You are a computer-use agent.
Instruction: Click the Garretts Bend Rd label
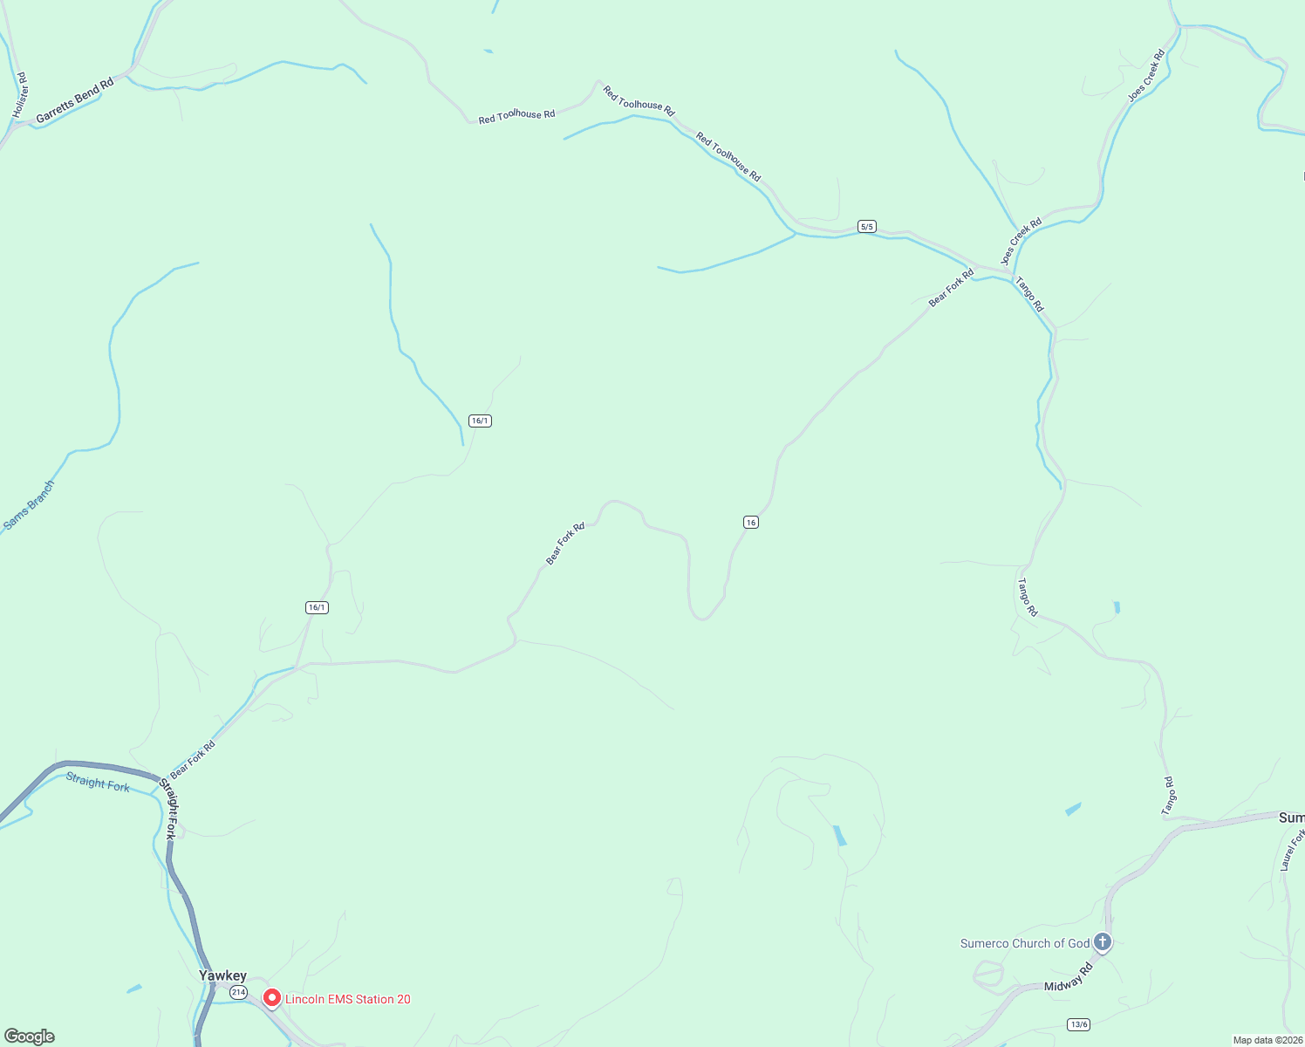click(x=75, y=101)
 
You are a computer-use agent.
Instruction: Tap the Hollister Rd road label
click(x=21, y=96)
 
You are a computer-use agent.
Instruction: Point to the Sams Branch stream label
click(x=29, y=505)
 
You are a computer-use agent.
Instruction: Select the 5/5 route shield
click(x=866, y=227)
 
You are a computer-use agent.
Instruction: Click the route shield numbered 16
click(x=751, y=522)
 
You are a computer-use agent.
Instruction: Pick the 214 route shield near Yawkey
click(x=238, y=993)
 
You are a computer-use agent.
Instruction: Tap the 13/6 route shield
click(x=1079, y=1024)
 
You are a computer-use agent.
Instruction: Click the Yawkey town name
click(x=222, y=975)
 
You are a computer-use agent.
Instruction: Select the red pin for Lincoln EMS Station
click(x=272, y=998)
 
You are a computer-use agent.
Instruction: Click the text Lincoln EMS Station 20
click(x=348, y=999)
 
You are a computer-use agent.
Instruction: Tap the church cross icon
click(x=1103, y=942)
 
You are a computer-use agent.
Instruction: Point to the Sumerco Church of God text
click(x=1025, y=943)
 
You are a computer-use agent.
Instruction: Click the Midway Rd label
click(x=1069, y=977)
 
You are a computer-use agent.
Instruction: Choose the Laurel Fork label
click(x=1292, y=850)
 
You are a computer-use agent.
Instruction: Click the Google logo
click(x=30, y=1037)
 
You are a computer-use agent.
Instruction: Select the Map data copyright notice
click(x=1267, y=1040)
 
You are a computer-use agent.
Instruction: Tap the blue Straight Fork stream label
click(x=98, y=783)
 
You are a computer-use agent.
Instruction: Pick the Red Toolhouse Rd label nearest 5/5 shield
click(x=728, y=157)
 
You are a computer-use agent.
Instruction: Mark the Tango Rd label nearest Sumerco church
click(x=1169, y=796)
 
